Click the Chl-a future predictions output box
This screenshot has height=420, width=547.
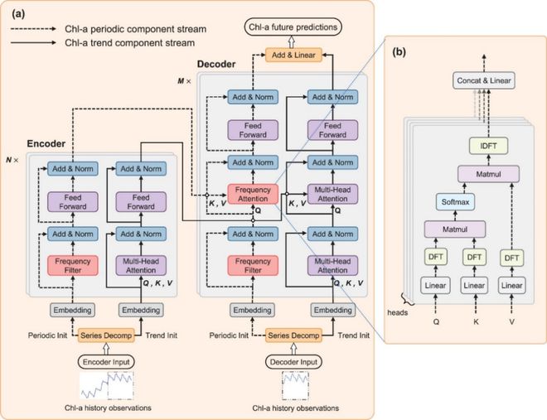coord(293,27)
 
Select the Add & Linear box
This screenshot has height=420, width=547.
coord(293,55)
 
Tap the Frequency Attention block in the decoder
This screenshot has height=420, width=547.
coord(253,194)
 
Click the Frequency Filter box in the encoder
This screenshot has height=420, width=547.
coord(73,266)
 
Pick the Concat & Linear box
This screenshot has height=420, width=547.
coord(484,80)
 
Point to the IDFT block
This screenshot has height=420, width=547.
coord(488,146)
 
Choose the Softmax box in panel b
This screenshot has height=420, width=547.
coord(455,202)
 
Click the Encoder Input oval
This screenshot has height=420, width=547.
coord(106,362)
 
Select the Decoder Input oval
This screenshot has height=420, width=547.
coord(293,362)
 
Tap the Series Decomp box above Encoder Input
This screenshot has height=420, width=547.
coord(106,336)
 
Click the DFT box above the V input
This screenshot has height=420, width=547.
coord(511,258)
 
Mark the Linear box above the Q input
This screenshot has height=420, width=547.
coord(435,286)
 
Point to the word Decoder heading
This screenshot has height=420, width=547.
coord(216,64)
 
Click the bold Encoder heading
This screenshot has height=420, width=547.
coord(46,143)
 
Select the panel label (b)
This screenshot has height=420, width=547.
coord(399,52)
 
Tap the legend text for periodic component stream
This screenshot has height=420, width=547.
coord(135,29)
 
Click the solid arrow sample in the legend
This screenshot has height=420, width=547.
coord(33,43)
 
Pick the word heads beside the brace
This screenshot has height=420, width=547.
coord(397,312)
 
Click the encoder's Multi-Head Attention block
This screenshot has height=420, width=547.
coord(141,266)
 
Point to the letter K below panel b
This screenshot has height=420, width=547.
coord(476,321)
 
